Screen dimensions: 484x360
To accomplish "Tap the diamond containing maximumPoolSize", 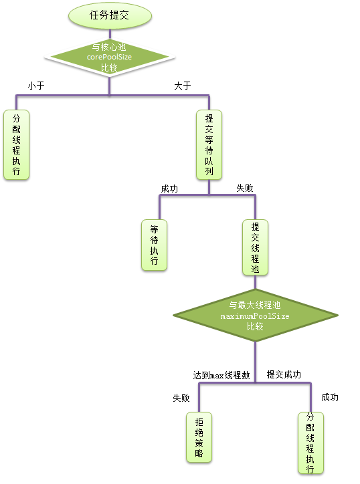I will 254,316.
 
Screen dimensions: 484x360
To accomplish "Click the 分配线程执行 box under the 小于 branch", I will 17,144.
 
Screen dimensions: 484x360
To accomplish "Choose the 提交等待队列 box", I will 209,144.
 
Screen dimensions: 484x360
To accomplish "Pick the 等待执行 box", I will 155,245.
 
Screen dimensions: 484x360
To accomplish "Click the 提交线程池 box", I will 255,247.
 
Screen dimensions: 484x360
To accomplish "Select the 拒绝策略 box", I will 199,437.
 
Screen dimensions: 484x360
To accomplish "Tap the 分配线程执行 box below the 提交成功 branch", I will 310,443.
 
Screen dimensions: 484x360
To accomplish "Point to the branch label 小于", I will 36,86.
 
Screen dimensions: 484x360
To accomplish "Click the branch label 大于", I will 183,86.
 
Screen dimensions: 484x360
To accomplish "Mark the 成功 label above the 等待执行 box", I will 169,189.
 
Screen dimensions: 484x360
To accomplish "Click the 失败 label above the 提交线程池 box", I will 245,189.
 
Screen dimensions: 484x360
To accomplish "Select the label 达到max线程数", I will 221,375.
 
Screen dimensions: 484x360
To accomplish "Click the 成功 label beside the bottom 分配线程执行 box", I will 330,397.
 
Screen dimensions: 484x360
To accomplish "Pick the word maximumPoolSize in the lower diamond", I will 254,316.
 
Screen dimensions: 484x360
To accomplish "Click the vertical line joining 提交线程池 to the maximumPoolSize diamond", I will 255,283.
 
